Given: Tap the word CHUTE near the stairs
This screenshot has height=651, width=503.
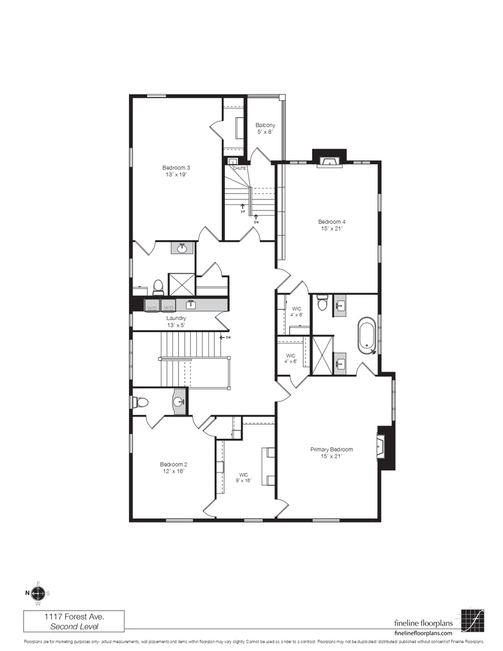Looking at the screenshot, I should (x=239, y=168).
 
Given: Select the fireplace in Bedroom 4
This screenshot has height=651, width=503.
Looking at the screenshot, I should (x=329, y=160).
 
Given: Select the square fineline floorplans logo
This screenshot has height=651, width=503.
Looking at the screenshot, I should (x=473, y=619).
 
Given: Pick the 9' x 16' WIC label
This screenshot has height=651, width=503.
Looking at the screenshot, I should (x=243, y=477).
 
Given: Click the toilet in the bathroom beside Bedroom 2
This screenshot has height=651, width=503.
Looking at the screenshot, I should (x=140, y=402).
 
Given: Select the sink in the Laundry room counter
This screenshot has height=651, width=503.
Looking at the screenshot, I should (x=190, y=304).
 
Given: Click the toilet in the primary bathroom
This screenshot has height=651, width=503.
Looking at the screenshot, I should (x=322, y=303).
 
